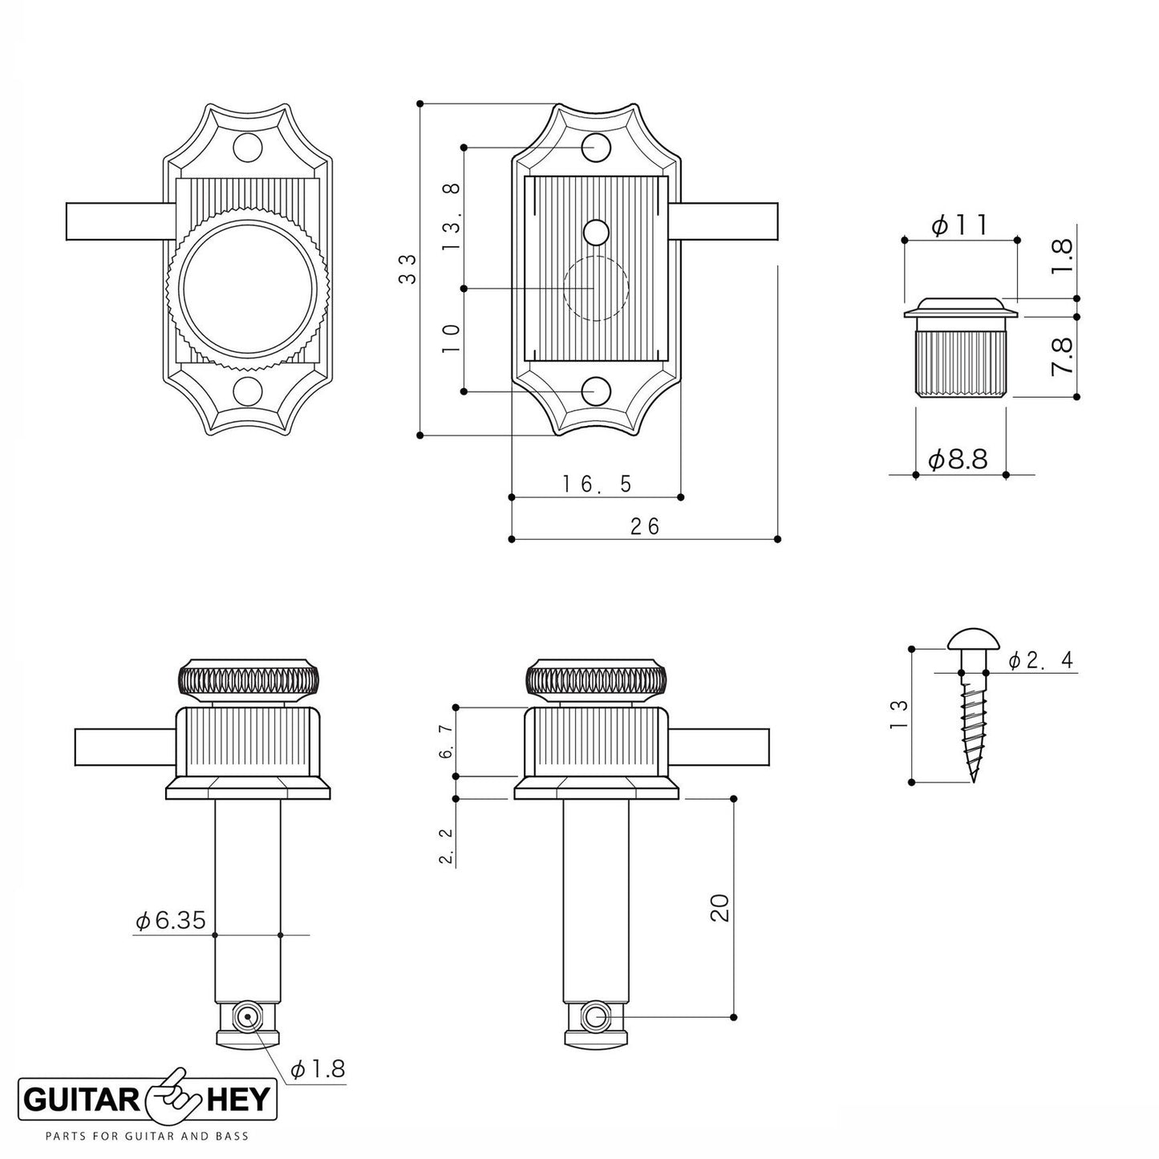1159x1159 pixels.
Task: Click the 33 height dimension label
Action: pos(407,269)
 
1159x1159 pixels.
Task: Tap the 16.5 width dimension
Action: pos(597,484)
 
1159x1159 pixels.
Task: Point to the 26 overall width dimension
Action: pos(644,526)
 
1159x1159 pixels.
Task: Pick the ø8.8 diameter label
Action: pos(958,460)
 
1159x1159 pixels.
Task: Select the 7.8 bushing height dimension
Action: pos(1064,357)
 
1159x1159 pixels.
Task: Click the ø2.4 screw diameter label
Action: pos(1039,660)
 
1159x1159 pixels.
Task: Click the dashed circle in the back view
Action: pos(595,288)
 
